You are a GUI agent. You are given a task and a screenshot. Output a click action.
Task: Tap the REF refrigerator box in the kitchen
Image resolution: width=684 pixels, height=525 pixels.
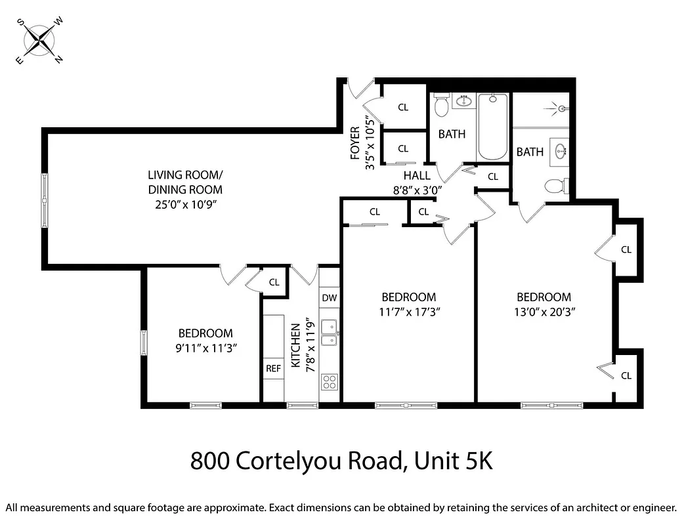click(273, 368)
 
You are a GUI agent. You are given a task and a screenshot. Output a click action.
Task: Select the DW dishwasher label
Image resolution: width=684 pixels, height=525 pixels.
click(329, 298)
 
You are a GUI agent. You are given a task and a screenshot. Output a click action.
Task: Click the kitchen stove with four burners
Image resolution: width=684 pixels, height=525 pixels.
click(329, 381)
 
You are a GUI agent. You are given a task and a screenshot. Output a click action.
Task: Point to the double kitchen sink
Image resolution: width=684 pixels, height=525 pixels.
click(330, 331)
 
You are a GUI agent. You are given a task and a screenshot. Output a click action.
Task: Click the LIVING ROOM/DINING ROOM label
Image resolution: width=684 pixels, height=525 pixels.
click(185, 182)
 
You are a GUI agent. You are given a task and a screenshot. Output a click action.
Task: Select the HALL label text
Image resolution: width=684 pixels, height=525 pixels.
click(417, 175)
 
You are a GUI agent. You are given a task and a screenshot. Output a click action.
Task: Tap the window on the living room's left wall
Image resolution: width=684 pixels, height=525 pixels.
click(45, 199)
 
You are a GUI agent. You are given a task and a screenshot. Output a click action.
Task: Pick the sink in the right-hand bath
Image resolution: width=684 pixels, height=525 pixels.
click(560, 151)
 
